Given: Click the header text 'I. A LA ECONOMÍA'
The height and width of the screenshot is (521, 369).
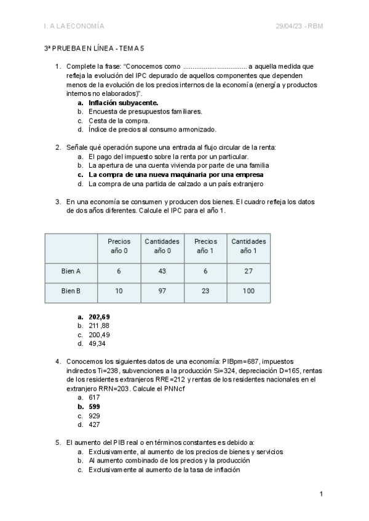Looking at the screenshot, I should coord(74,26).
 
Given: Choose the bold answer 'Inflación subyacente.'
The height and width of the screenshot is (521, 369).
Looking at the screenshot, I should coord(123,103).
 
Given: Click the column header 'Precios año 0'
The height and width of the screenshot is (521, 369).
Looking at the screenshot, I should coord(119,246).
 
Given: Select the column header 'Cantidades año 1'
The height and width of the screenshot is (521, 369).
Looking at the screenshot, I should coord(248,246).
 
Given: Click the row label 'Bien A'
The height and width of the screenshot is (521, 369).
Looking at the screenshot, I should coord(71,270).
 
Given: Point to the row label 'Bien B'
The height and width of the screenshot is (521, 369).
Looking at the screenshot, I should coord(71,291).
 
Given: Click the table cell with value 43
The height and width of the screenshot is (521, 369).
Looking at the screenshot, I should coord(162,270).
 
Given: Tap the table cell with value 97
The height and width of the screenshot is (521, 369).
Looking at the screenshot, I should coord(162,291).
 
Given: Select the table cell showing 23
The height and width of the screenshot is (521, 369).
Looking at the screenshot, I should coord(205,291).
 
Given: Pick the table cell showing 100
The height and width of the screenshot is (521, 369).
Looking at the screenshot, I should coord(248,291).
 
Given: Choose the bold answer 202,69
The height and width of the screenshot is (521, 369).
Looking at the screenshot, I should coord(99,317).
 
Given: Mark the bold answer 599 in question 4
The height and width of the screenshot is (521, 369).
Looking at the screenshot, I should coord(93,407).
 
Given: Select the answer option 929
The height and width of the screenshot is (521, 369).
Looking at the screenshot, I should coord(93,415).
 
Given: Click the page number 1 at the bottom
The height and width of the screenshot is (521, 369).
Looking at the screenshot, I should coord(321,494).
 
